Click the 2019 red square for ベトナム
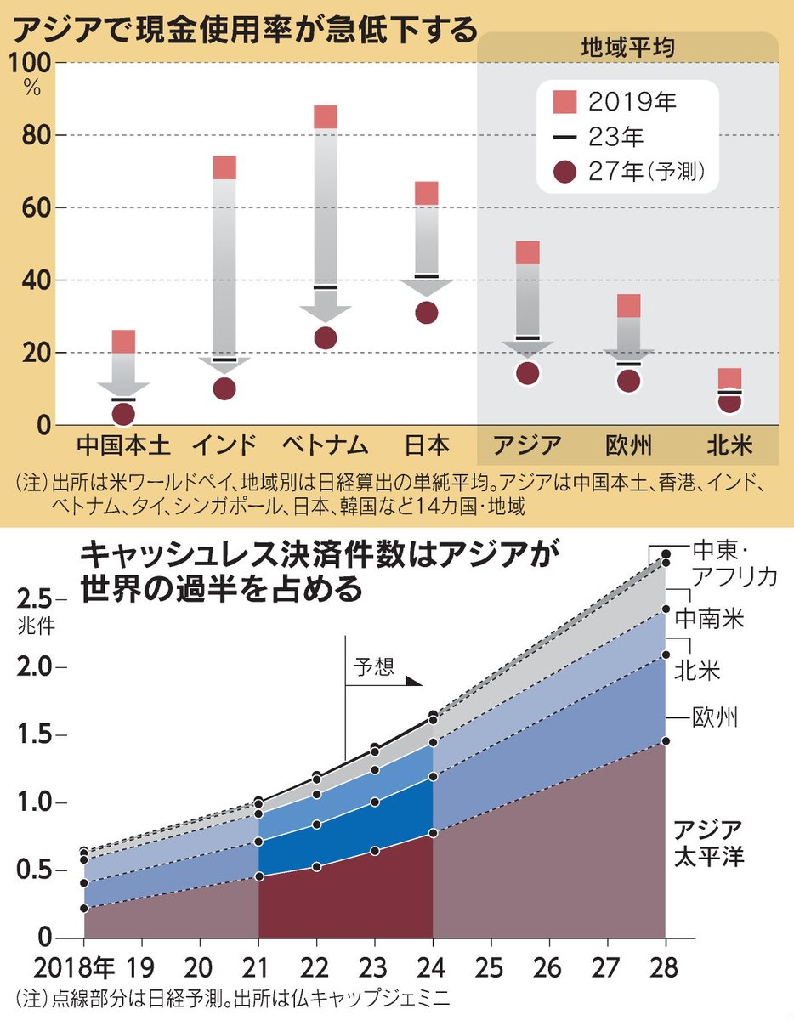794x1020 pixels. pos(326,117)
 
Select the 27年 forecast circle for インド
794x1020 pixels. pos(224,388)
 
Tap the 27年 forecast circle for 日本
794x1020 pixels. pos(427,312)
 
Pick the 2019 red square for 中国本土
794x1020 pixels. pos(123,342)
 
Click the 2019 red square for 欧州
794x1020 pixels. pos(628,306)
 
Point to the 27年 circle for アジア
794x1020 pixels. pos(528,373)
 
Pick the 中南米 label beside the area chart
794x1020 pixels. pos(711,618)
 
